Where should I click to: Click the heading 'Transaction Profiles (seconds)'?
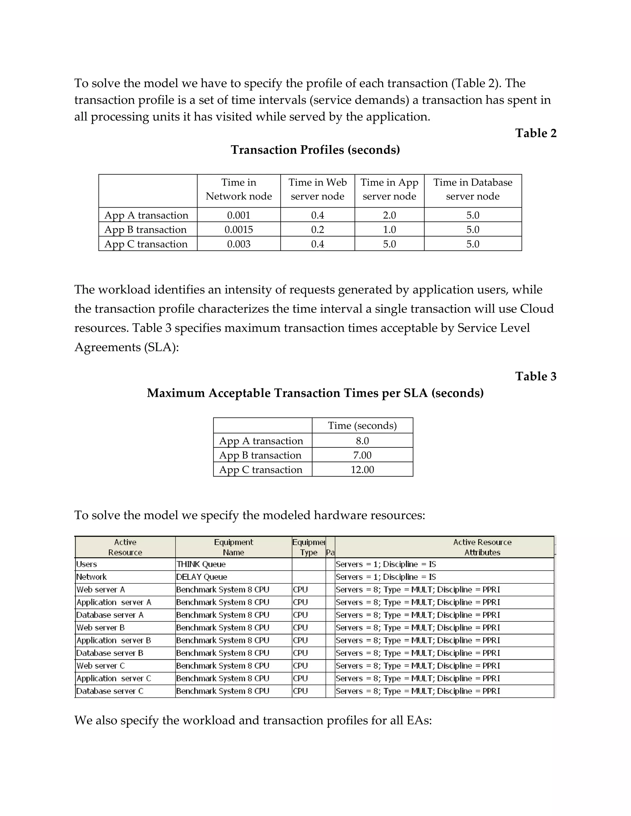pyautogui.click(x=315, y=150)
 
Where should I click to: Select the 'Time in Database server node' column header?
pyautogui.click(x=473, y=189)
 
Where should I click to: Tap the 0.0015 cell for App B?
pyautogui.click(x=238, y=229)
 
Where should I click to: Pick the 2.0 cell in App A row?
pyautogui.click(x=389, y=215)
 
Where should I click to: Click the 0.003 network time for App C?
pyautogui.click(x=238, y=244)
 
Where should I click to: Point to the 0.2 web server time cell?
pyautogui.click(x=317, y=229)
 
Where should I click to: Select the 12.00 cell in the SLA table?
pyautogui.click(x=362, y=470)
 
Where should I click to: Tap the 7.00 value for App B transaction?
pyautogui.click(x=362, y=455)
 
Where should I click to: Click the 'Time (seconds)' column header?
pyautogui.click(x=362, y=426)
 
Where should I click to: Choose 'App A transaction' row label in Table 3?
pyautogui.click(x=261, y=441)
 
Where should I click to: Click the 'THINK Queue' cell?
pyautogui.click(x=201, y=564)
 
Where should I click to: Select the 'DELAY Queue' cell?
pyautogui.click(x=202, y=577)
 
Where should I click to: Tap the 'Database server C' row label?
pyautogui.click(x=110, y=691)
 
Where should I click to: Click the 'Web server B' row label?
pyautogui.click(x=100, y=628)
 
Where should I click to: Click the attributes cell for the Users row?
pyautogui.click(x=386, y=564)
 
